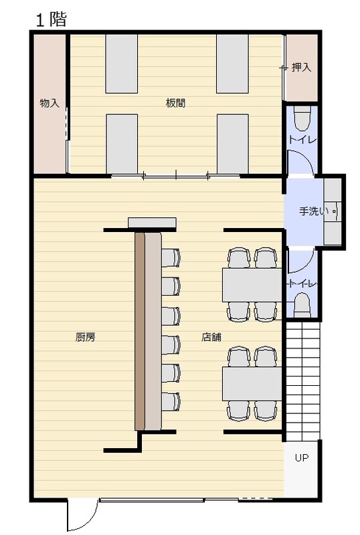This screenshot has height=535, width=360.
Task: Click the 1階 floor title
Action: pyautogui.click(x=52, y=19)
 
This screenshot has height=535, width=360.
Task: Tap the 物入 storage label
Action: pyautogui.click(x=50, y=103)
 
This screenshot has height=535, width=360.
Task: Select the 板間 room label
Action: pyautogui.click(x=175, y=103)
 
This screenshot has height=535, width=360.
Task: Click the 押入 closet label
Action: pyautogui.click(x=302, y=68)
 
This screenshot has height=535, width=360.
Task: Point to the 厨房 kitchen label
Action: pyautogui.click(x=86, y=337)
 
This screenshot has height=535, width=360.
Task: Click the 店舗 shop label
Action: pyautogui.click(x=211, y=337)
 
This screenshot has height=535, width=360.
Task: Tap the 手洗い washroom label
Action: pyautogui.click(x=314, y=211)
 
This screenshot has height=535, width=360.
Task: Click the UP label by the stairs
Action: pyautogui.click(x=302, y=457)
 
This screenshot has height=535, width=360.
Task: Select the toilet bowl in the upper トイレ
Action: pyautogui.click(x=302, y=118)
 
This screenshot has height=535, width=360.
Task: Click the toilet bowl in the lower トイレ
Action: pyautogui.click(x=302, y=305)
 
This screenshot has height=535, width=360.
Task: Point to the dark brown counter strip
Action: pyautogui.click(x=140, y=331)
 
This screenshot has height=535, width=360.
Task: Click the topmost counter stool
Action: pyautogui.click(x=171, y=257)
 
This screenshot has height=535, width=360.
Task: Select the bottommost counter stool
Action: pyautogui.click(x=171, y=402)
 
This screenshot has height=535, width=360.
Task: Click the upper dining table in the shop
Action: pyautogui.click(x=252, y=285)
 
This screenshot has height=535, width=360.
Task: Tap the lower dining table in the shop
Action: pyautogui.click(x=252, y=383)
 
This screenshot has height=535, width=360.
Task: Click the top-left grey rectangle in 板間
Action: pyautogui.click(x=122, y=64)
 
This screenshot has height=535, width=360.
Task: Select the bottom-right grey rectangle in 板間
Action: pyautogui.click(x=233, y=144)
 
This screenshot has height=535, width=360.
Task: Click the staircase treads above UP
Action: pyautogui.click(x=302, y=381)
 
